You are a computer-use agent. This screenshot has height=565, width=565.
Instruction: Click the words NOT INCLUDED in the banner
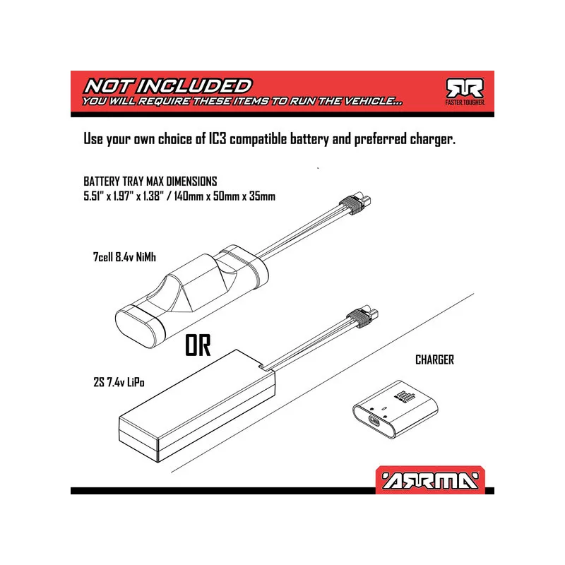pyautogui.click(x=168, y=86)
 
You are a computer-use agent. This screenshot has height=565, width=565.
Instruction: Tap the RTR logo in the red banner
pyautogui.click(x=465, y=88)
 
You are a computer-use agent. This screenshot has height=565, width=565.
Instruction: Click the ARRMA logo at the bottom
pyautogui.click(x=430, y=480)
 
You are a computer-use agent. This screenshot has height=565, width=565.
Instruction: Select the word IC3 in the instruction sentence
pyautogui.click(x=218, y=138)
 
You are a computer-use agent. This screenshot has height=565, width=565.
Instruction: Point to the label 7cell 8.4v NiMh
pyautogui.click(x=124, y=257)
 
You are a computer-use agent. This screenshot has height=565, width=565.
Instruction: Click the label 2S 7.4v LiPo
pyautogui.click(x=119, y=382)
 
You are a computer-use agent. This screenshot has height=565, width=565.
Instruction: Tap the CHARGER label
pyautogui.click(x=434, y=359)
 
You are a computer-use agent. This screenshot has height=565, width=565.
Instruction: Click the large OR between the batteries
pyautogui.click(x=198, y=345)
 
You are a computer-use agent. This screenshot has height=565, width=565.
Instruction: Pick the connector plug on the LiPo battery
pyautogui.click(x=362, y=316)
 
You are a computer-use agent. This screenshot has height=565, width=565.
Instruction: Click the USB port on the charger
pyautogui.click(x=374, y=420)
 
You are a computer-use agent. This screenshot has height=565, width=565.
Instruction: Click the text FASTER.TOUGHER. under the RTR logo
pyautogui.click(x=465, y=102)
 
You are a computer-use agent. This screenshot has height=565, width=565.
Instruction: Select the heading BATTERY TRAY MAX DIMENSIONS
pyautogui.click(x=150, y=181)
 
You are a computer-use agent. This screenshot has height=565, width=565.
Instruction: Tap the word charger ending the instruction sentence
pyautogui.click(x=432, y=139)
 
